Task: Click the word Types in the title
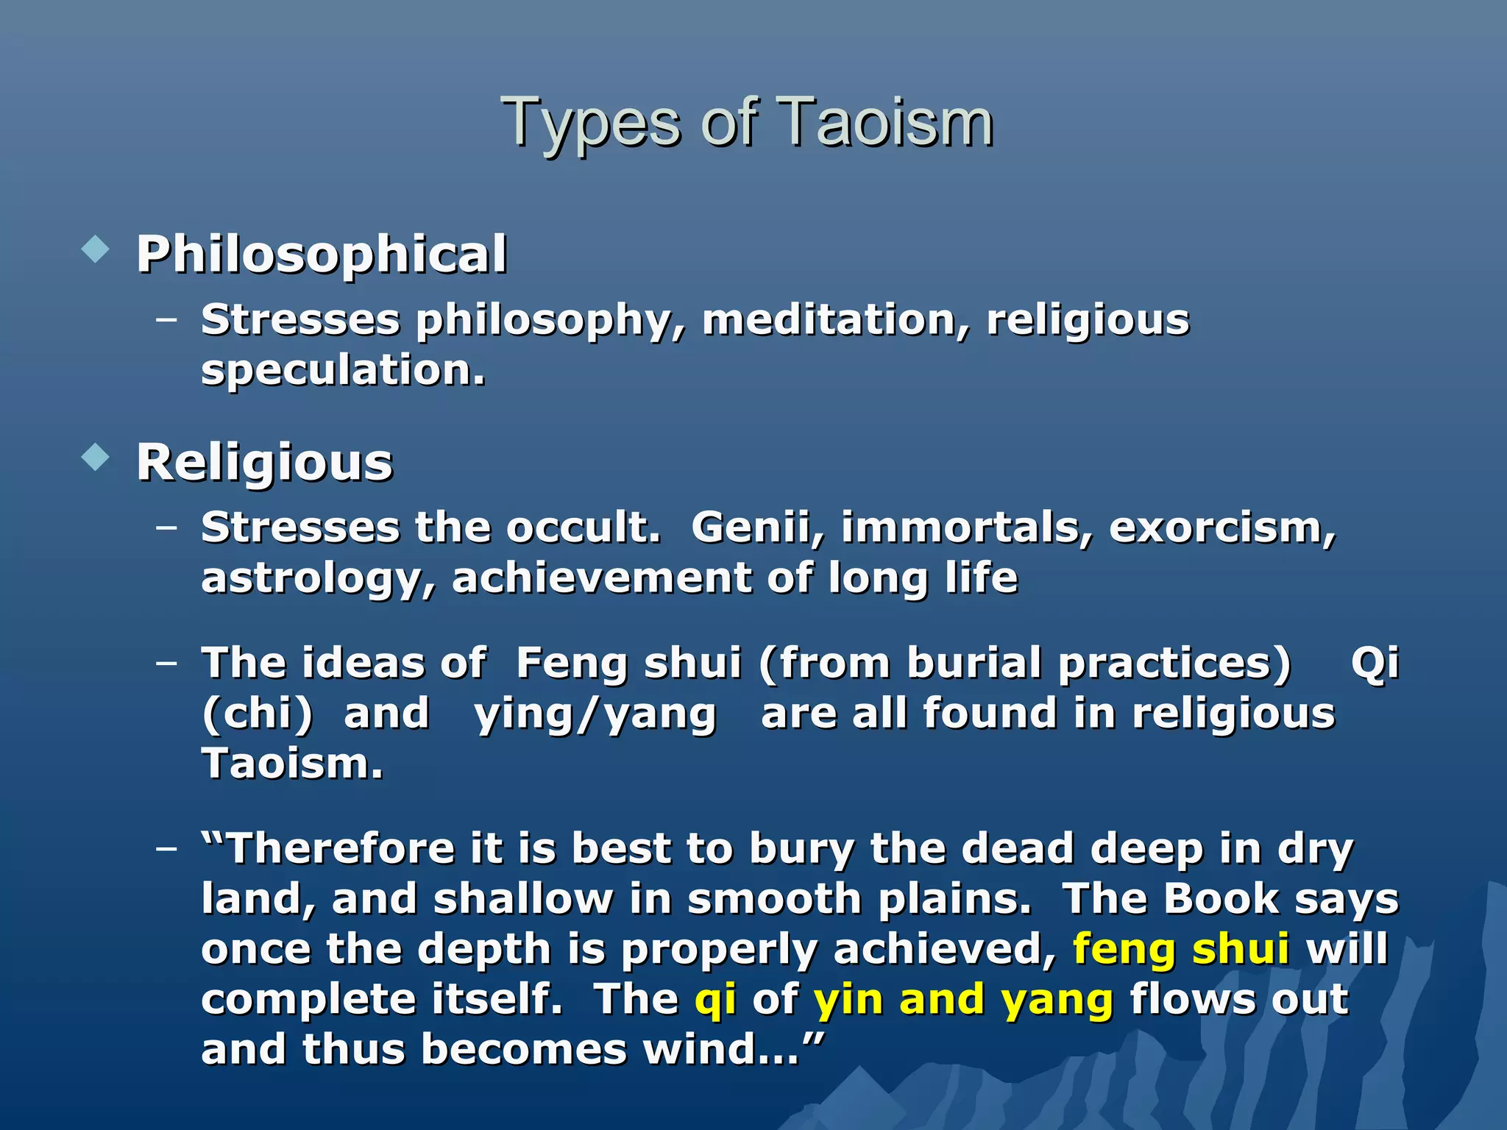591,124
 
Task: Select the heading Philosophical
322,255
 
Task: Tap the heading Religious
265,463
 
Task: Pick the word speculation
343,370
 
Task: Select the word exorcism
1221,528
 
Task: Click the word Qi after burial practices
1375,664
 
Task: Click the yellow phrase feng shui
1181,949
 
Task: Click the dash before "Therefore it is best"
167,847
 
